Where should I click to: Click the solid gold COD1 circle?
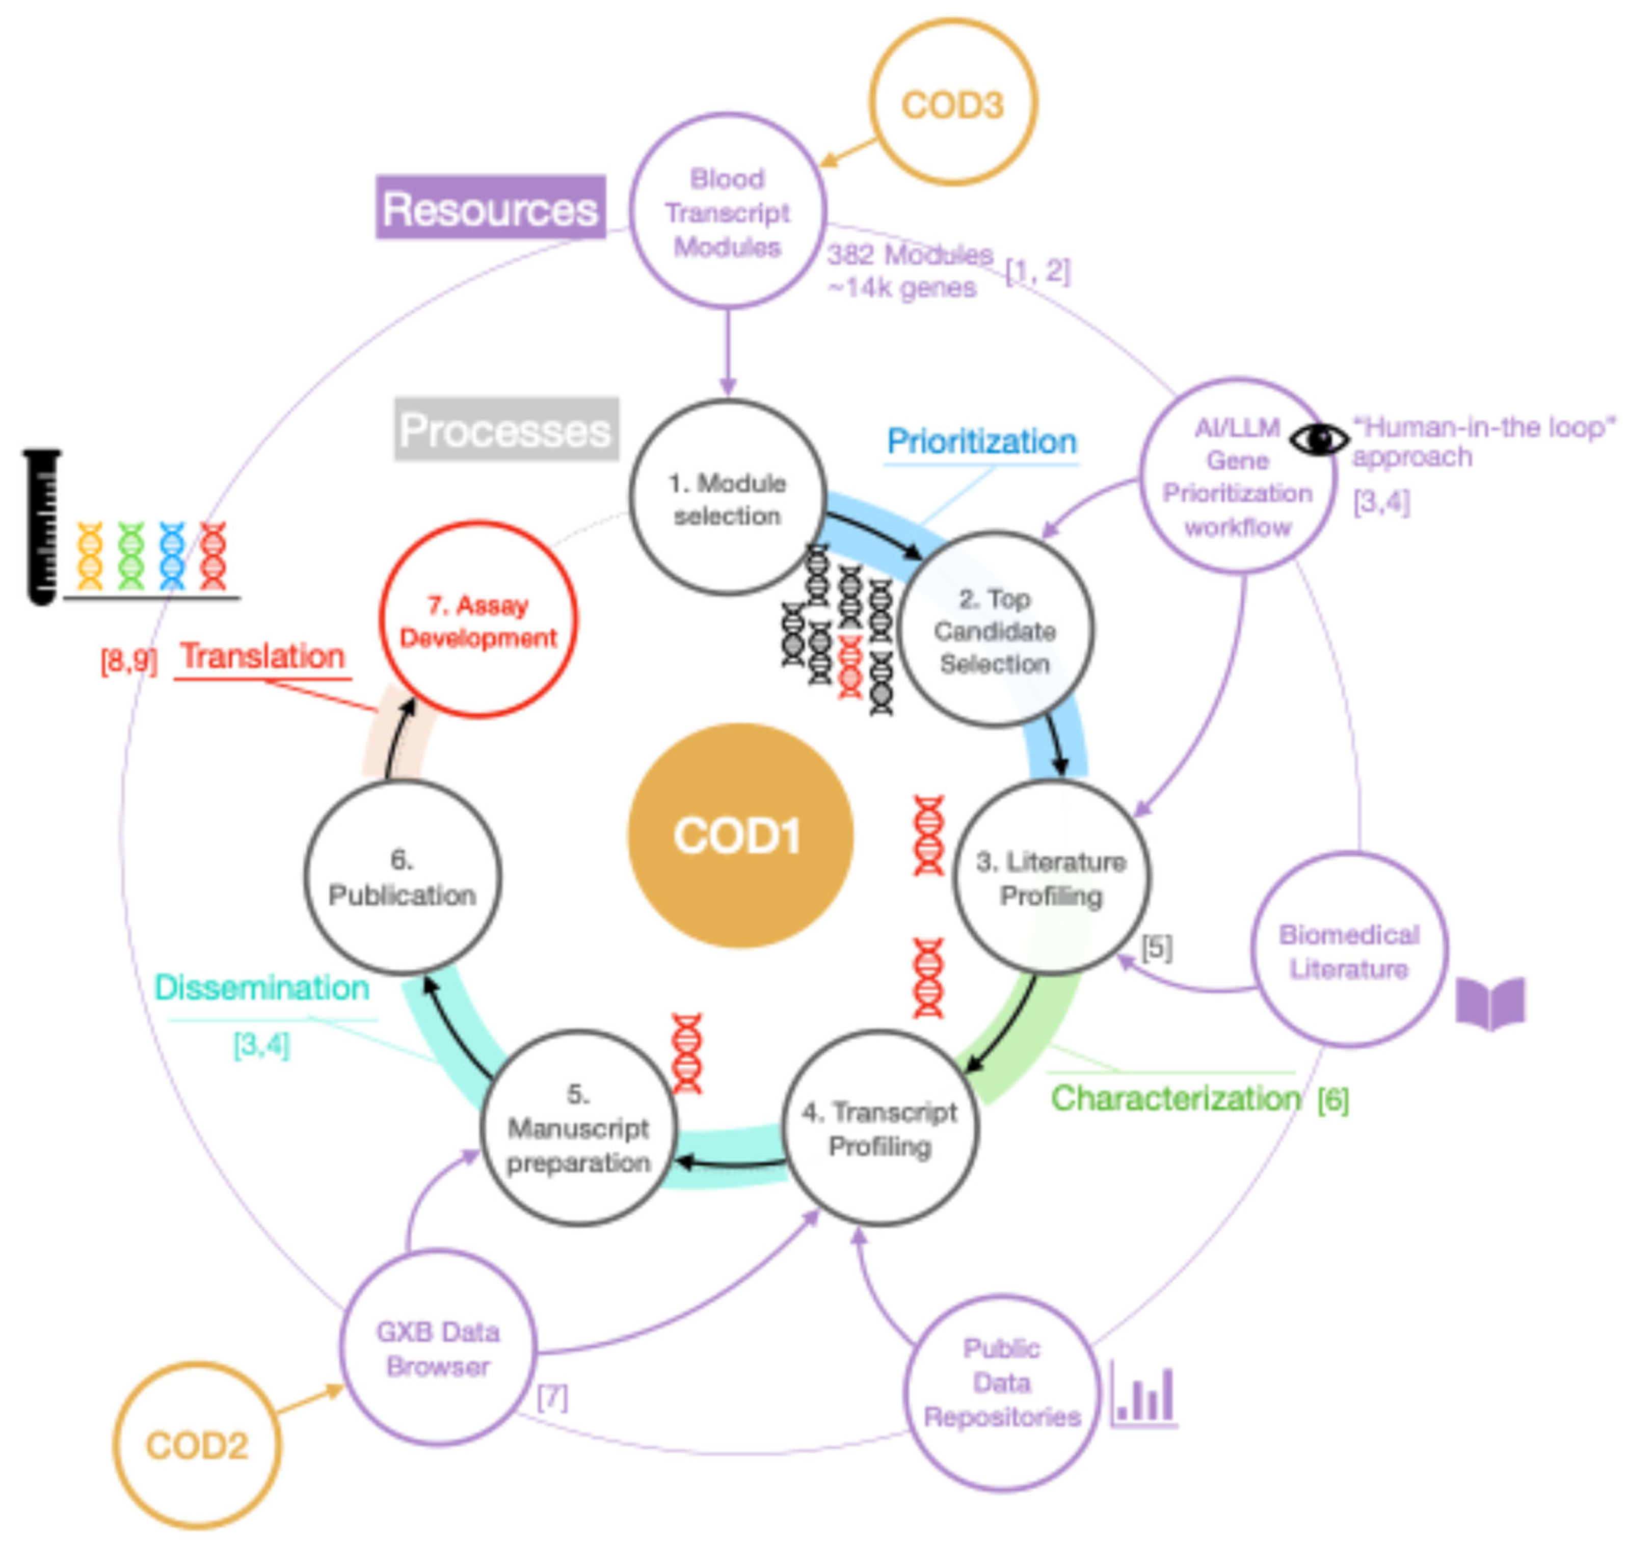[739, 835]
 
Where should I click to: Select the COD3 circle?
[953, 103]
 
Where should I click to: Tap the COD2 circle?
[197, 1445]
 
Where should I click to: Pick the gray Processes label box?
[506, 429]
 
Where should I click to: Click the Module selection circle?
[727, 498]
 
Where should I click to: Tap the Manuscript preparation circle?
[578, 1128]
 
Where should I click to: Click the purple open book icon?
[1490, 1004]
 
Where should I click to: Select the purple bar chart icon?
[1143, 1395]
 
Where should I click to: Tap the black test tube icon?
[42, 526]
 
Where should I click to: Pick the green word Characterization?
[1176, 1098]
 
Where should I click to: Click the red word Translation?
[262, 656]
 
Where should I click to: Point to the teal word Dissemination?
[261, 988]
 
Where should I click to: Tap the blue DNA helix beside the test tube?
[172, 556]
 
